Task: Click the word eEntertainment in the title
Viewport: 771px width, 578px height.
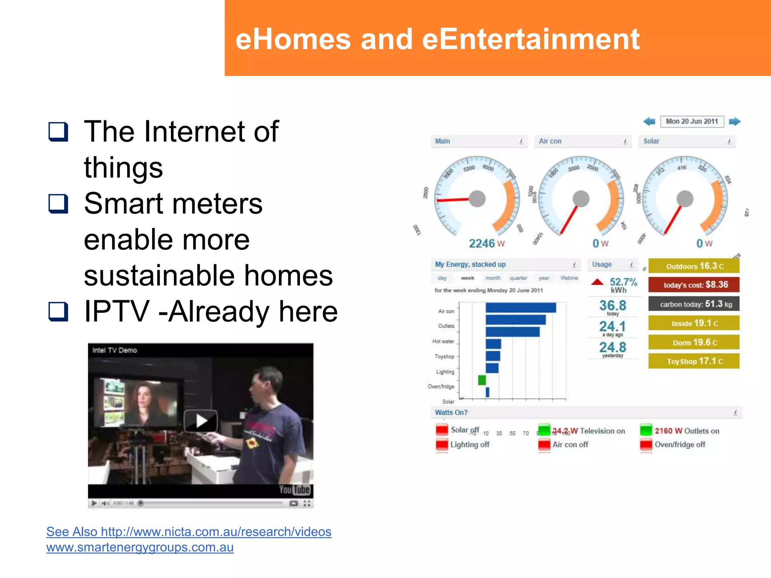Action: coord(531,40)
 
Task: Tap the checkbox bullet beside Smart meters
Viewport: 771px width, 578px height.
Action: coord(58,204)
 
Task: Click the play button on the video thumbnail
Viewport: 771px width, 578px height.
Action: coord(201,420)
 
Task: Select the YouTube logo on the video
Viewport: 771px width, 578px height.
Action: coord(294,490)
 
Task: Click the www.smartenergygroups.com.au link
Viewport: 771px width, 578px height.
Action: coord(140,547)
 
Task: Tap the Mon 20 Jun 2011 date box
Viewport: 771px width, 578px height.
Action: coord(692,122)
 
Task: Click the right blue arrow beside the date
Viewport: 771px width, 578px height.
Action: coord(734,122)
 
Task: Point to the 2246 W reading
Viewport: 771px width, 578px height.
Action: coord(486,243)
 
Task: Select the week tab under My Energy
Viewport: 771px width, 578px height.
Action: coord(467,278)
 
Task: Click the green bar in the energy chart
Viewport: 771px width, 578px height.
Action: coord(482,380)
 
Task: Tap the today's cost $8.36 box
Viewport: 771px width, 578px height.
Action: coord(694,285)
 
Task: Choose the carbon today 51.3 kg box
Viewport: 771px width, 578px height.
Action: coord(694,304)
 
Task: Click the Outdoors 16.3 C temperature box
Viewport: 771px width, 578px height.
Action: coord(694,266)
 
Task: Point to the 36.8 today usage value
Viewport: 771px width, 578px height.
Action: coord(613,306)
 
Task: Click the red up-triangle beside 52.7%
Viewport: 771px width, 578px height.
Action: coord(597,282)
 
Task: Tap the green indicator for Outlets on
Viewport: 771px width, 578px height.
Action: coord(646,430)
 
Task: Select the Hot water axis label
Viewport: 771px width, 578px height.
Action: coord(443,341)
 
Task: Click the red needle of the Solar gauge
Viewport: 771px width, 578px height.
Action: coord(673,220)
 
